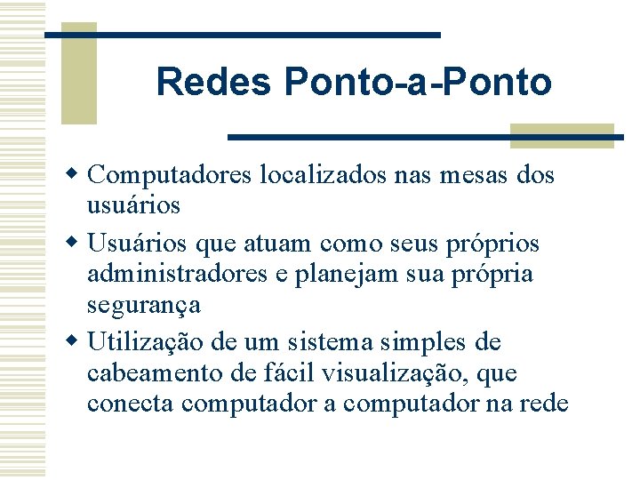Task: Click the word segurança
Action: click(x=143, y=306)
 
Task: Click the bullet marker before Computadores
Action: click(x=78, y=172)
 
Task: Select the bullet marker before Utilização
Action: click(x=78, y=340)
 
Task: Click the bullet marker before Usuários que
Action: click(x=78, y=241)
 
